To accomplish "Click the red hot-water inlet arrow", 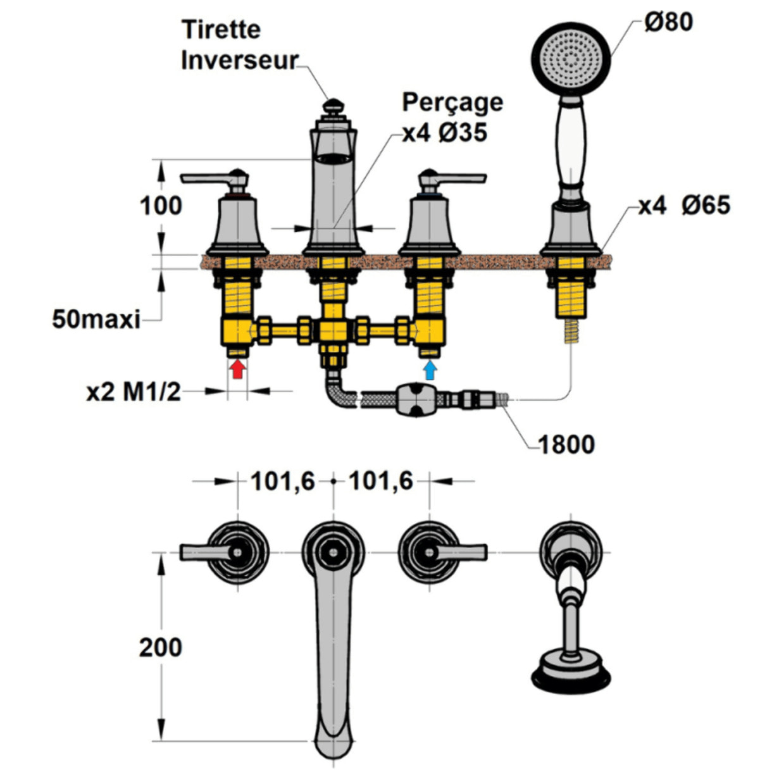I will coord(237,368).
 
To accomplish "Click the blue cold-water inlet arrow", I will coord(430,368).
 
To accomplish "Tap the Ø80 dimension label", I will coord(668,22).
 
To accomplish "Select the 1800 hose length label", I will coord(566,444).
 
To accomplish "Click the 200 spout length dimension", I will coord(161,647).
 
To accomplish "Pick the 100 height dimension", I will coord(161,206).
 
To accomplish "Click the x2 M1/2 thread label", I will coord(134,392).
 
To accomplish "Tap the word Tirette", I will coord(221,29).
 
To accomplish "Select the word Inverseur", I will coord(239,60).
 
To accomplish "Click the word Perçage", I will coord(452,102).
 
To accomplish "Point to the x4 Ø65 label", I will coord(683,205).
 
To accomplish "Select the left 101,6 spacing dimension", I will coord(282,482).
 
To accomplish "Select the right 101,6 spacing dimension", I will coord(380,482).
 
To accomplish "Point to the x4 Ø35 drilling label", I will coord(445,133).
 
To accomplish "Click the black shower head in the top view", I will coord(571,675).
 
